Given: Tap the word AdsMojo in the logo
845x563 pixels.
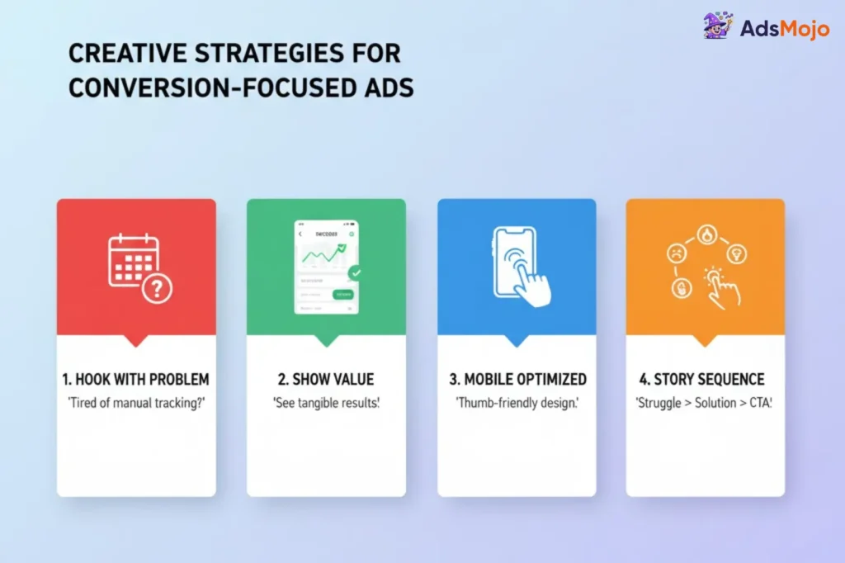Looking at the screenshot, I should [x=779, y=29].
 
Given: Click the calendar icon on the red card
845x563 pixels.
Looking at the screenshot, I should [x=133, y=260].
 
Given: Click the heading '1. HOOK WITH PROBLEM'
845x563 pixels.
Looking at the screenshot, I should [x=136, y=380].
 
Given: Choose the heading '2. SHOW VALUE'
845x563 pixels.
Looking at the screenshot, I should [x=326, y=380].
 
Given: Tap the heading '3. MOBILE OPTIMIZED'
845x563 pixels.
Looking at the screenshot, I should [x=517, y=380].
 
